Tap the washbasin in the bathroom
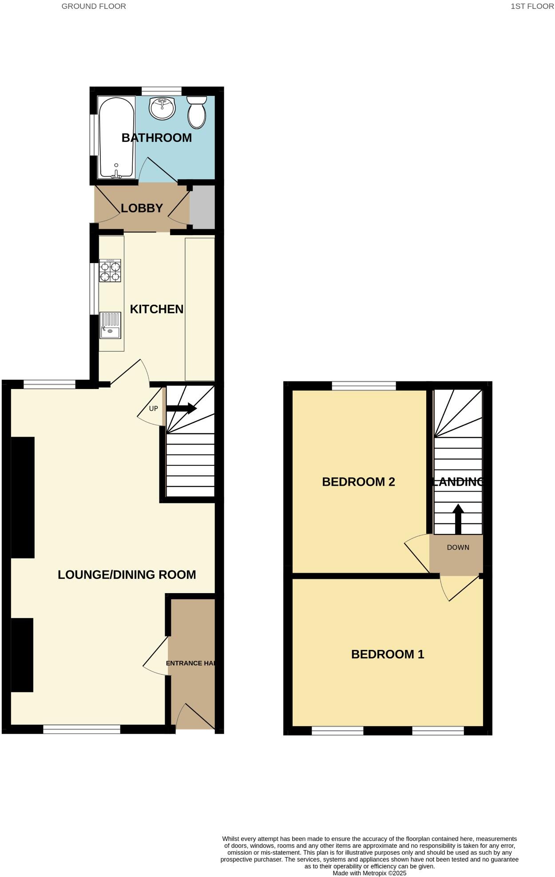pyautogui.click(x=162, y=108)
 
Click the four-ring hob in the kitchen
pyautogui.click(x=110, y=271)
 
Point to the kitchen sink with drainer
pyautogui.click(x=110, y=325)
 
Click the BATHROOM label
pyautogui.click(x=157, y=138)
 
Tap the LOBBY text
pyautogui.click(x=142, y=208)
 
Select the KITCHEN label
pyautogui.click(x=156, y=309)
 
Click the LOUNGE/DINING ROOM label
pyautogui.click(x=127, y=575)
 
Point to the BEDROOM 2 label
pyautogui.click(x=358, y=482)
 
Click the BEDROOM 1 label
pyautogui.click(x=388, y=654)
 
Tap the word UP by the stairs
pyautogui.click(x=153, y=409)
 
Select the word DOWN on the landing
pyautogui.click(x=458, y=547)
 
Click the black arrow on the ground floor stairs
pyautogui.click(x=182, y=409)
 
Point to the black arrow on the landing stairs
pyautogui.click(x=458, y=519)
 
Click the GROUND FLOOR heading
pyautogui.click(x=94, y=6)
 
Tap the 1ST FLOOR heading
pyautogui.click(x=532, y=6)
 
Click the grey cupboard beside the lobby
pyautogui.click(x=202, y=207)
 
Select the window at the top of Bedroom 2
pyautogui.click(x=364, y=386)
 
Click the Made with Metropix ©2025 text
pyautogui.click(x=369, y=873)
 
